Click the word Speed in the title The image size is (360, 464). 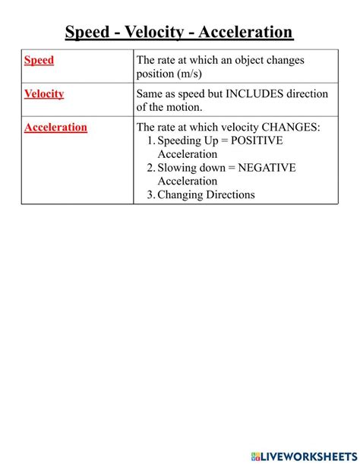click(x=88, y=32)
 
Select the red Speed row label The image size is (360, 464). click(x=39, y=60)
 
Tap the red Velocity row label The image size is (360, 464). click(x=44, y=93)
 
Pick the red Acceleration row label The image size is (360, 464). click(x=55, y=127)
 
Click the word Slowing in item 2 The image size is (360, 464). click(x=179, y=168)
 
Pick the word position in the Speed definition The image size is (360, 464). click(x=157, y=74)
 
